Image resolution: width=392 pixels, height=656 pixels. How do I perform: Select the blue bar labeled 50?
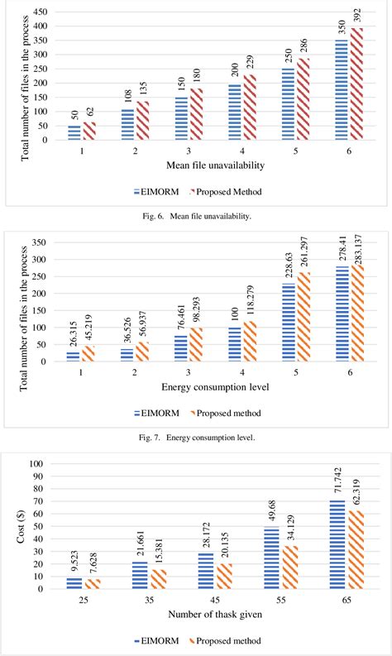(x=74, y=132)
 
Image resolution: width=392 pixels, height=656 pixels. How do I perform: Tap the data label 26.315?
(x=74, y=333)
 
